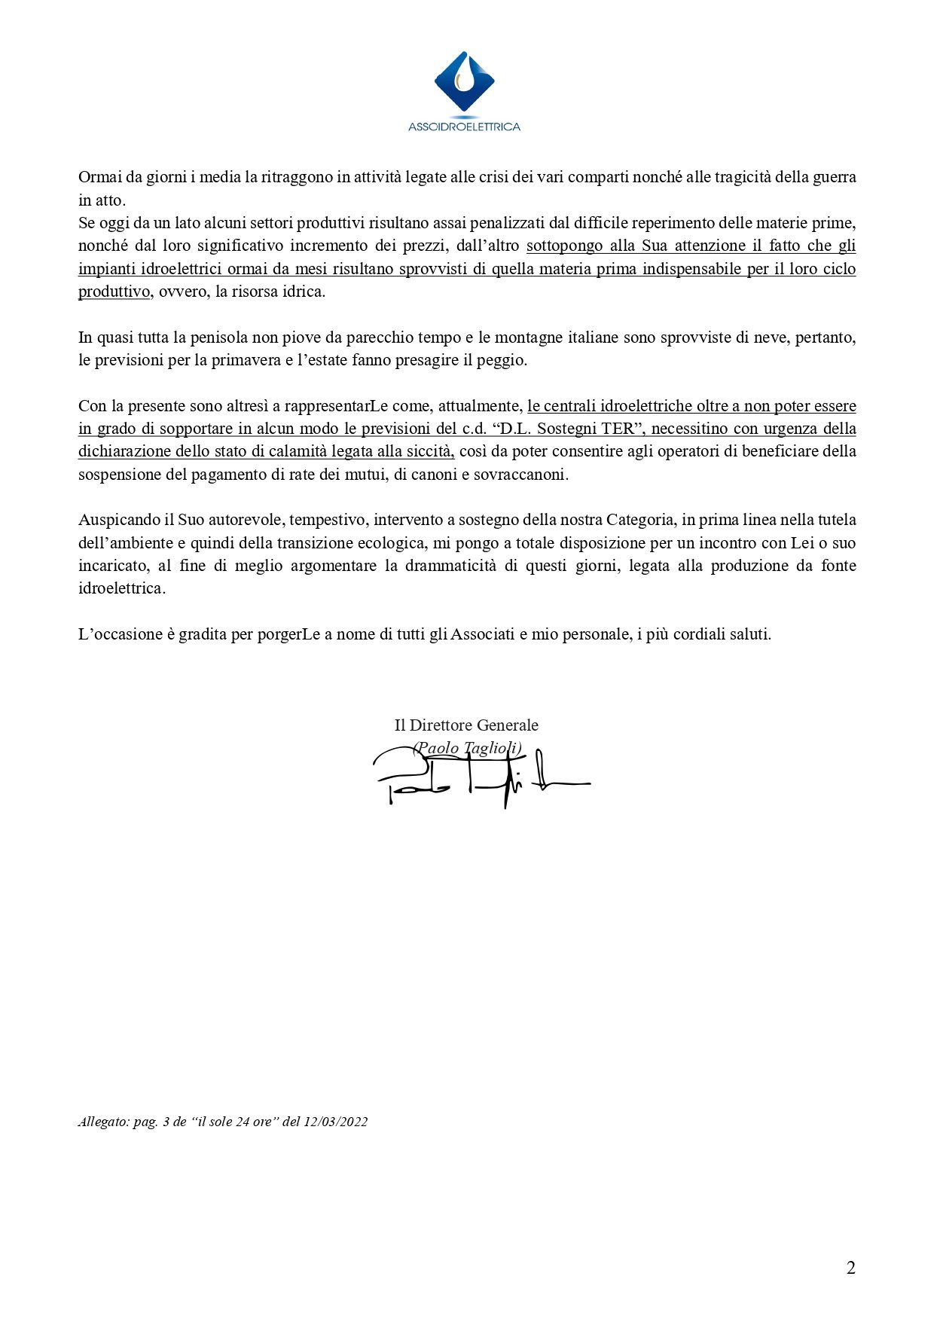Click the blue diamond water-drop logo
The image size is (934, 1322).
tap(464, 82)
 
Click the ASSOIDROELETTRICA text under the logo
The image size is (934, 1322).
tap(464, 127)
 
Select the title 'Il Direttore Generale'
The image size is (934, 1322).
tap(466, 725)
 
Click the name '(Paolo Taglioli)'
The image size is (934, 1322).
tap(466, 747)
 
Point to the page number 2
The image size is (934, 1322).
tap(851, 1268)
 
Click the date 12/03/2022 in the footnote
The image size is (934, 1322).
tap(335, 1122)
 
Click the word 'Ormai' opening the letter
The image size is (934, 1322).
tap(98, 178)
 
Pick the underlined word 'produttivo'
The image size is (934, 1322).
tap(114, 292)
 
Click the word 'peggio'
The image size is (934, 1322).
tap(502, 360)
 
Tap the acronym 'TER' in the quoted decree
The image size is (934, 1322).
tap(616, 429)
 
